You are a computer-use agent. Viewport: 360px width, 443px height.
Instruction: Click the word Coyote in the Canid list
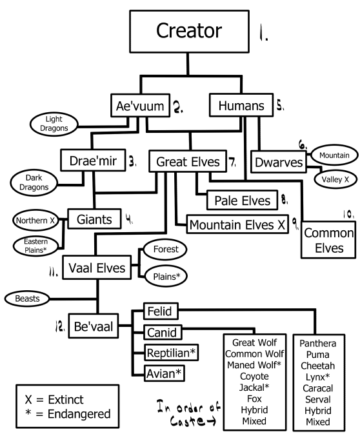[x=254, y=376]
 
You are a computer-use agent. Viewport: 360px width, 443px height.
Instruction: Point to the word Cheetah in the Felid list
[x=318, y=366]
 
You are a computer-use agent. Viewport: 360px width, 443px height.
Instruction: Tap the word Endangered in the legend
[x=79, y=413]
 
